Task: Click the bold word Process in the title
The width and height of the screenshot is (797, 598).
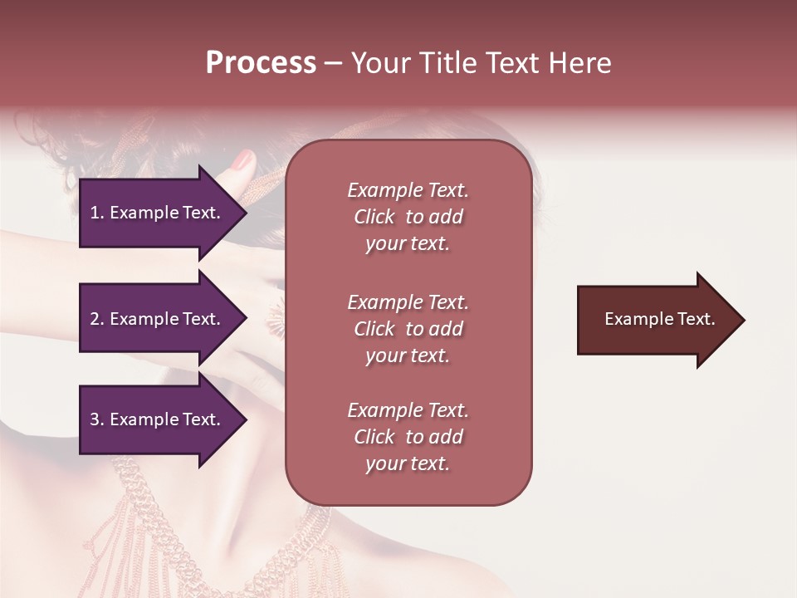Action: tap(261, 63)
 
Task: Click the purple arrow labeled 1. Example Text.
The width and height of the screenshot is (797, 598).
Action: tap(158, 213)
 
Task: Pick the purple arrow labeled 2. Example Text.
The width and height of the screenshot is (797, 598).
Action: tap(158, 319)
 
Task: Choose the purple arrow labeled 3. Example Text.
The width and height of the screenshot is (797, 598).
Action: tap(158, 419)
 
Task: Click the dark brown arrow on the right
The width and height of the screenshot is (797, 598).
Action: tap(656, 320)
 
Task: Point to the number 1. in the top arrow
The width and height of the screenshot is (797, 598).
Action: tap(96, 213)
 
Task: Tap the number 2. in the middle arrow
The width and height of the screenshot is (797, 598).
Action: tap(96, 319)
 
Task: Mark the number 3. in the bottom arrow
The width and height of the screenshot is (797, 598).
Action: tap(96, 419)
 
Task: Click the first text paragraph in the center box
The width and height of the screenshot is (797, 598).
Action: tap(408, 217)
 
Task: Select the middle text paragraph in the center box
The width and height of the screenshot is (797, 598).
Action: tap(408, 329)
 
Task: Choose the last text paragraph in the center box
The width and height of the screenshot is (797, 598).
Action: tap(408, 437)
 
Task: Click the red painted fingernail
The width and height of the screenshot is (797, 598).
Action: tap(242, 160)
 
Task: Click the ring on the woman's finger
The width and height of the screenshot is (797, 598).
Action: tap(275, 318)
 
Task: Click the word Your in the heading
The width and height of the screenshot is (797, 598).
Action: tap(380, 63)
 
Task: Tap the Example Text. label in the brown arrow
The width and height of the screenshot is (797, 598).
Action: tap(659, 319)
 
